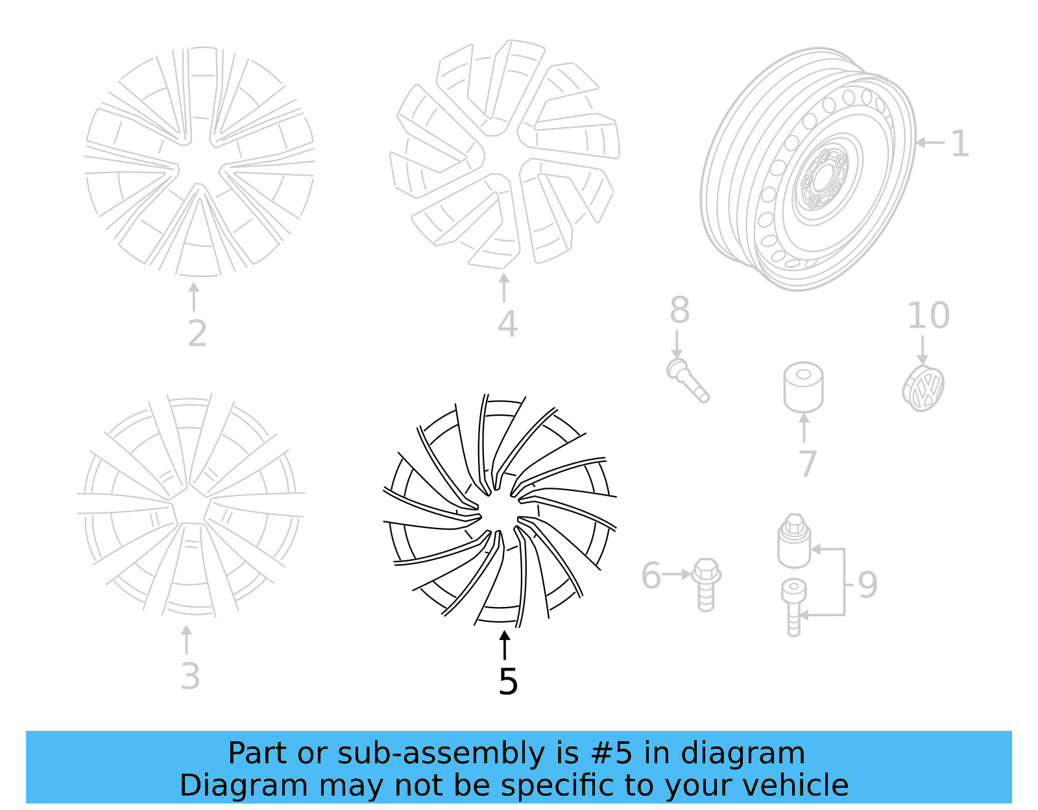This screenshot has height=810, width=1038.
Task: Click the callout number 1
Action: click(x=960, y=143)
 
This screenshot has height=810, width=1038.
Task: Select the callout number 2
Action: click(x=197, y=333)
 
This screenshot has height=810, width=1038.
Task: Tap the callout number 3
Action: click(x=190, y=676)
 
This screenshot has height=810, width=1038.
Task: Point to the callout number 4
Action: click(x=507, y=324)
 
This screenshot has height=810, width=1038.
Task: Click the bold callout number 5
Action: click(x=508, y=682)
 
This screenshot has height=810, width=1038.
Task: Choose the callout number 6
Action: click(x=651, y=576)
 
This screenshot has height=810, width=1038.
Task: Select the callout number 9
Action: click(x=867, y=584)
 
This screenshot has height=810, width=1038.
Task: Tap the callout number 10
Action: click(x=928, y=316)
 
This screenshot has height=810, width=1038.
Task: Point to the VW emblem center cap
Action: click(x=923, y=388)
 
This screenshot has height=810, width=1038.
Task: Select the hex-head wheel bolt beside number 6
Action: click(x=706, y=584)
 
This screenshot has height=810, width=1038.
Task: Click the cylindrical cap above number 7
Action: click(x=803, y=387)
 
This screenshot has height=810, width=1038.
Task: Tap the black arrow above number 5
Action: click(x=504, y=645)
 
